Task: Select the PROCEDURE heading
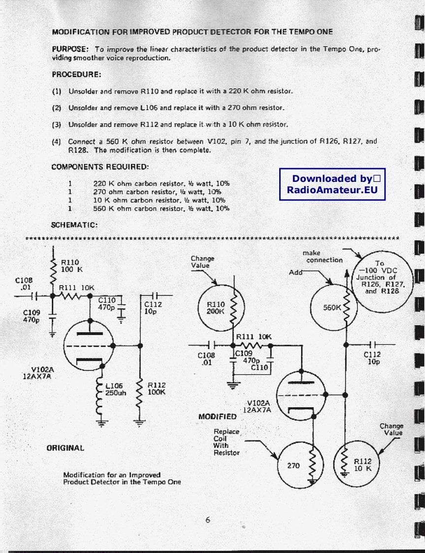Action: pyautogui.click(x=76, y=75)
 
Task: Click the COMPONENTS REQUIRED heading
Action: pyautogui.click(x=100, y=167)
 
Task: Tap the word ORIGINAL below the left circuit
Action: pyautogui.click(x=65, y=448)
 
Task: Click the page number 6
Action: pyautogui.click(x=208, y=519)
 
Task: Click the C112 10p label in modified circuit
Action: pyautogui.click(x=373, y=357)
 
